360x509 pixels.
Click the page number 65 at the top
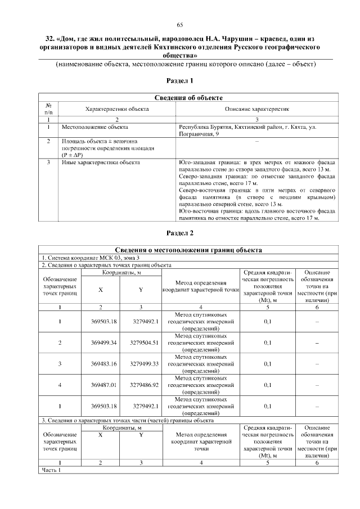click(x=180, y=24)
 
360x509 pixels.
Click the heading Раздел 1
click(x=180, y=81)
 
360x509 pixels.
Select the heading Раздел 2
click(x=180, y=233)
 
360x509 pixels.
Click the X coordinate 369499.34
click(x=101, y=342)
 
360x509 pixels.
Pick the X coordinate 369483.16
click(x=101, y=364)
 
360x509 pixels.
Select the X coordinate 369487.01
click(x=101, y=385)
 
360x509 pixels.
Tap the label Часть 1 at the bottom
click(x=51, y=470)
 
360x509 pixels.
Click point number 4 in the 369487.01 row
click(x=60, y=385)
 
